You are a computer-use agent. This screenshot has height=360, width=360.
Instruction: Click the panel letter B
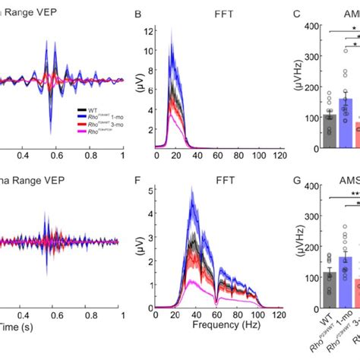(137, 14)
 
